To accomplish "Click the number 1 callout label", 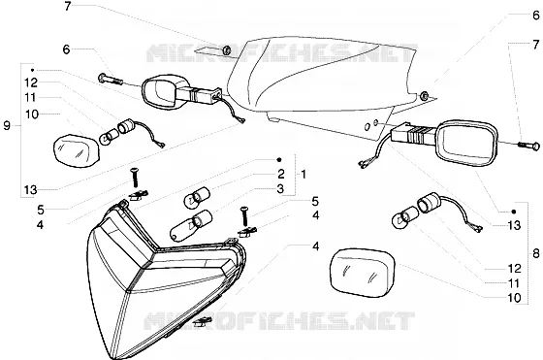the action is (x=303, y=175).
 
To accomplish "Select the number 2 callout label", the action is (x=280, y=174).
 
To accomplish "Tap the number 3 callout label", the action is (x=280, y=189).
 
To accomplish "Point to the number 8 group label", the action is (x=535, y=254).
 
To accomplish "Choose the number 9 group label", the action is (x=7, y=126).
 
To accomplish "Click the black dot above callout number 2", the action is (x=279, y=160).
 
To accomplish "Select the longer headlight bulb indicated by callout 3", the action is (x=191, y=225).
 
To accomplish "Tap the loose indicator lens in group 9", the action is (x=76, y=150).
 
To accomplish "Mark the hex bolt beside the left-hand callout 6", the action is (x=111, y=80).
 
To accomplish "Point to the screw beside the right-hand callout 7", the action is (x=528, y=146).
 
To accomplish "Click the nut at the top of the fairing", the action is (x=227, y=50).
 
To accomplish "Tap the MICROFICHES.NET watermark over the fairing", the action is (x=282, y=52).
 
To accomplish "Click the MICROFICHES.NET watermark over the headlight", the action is (x=279, y=320).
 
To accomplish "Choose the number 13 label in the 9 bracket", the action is (x=30, y=190).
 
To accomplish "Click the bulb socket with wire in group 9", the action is (x=142, y=133).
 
